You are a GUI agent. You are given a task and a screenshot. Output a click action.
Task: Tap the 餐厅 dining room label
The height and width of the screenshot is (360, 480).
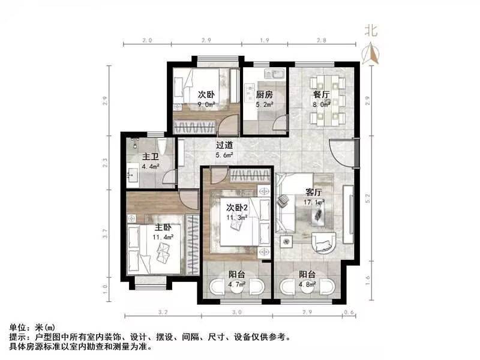319,94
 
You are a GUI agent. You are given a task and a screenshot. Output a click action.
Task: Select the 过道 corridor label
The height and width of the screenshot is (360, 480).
224,145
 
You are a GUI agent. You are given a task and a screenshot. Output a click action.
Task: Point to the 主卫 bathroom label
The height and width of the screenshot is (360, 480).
149,157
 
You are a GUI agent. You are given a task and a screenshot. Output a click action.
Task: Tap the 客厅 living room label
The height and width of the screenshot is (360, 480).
314,193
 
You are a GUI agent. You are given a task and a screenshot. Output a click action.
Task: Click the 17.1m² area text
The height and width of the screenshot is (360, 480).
314,202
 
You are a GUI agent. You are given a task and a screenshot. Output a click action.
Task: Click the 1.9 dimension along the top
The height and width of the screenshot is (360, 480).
263,40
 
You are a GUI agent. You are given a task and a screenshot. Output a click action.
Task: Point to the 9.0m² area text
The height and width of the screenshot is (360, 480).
206,103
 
